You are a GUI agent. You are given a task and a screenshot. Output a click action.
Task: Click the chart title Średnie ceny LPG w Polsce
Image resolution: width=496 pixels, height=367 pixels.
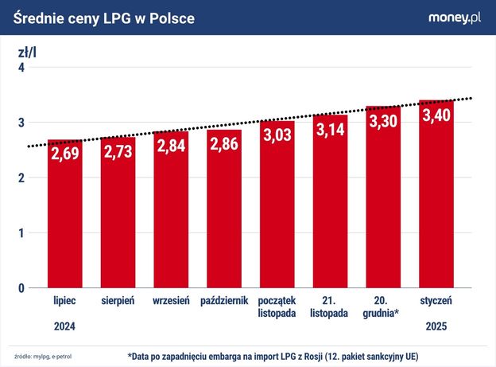(103, 17)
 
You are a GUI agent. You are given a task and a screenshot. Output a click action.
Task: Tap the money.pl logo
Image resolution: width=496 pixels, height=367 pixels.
(455, 17)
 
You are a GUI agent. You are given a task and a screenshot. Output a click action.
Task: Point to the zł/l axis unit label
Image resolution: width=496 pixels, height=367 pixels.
(27, 53)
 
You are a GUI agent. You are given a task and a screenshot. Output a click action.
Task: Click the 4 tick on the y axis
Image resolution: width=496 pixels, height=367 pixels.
(22, 68)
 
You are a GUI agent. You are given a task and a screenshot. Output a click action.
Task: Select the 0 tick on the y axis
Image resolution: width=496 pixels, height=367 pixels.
(22, 287)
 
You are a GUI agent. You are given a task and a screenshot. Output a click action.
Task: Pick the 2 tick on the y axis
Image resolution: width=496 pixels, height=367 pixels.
(22, 178)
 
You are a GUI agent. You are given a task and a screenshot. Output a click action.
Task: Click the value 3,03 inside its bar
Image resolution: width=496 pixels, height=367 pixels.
(277, 135)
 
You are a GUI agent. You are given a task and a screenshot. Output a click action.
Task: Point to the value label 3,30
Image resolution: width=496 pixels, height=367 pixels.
(383, 120)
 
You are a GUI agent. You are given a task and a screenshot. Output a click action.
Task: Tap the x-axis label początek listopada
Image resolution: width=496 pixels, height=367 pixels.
(277, 306)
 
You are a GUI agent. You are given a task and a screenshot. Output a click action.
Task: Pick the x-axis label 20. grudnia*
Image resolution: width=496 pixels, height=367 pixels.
(383, 306)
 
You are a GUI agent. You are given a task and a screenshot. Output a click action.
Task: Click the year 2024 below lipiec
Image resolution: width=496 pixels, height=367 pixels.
(65, 326)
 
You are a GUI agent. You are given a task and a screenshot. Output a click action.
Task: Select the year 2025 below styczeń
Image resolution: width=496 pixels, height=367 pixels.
(436, 326)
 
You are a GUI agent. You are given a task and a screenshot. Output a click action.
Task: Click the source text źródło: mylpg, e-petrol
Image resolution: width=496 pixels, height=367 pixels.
(48, 356)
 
